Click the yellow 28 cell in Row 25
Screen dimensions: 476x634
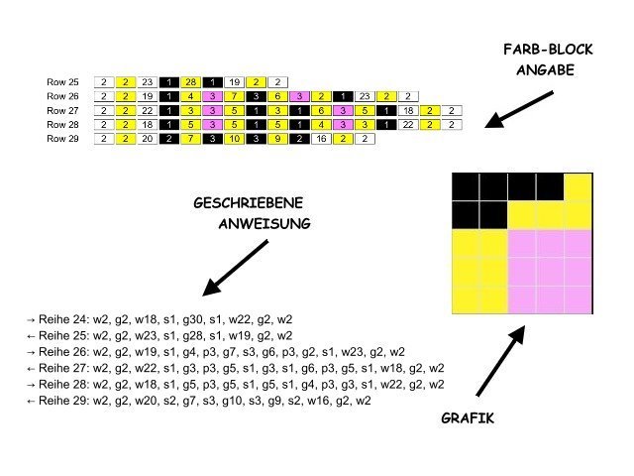191,81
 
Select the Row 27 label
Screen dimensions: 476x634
61,111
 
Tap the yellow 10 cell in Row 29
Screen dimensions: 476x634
235,140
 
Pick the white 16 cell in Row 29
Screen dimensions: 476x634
321,140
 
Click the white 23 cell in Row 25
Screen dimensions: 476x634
148,81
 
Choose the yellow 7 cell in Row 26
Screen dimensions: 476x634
235,96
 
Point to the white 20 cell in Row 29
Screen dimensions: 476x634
148,140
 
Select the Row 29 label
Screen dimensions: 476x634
61,140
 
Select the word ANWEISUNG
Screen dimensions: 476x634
264,224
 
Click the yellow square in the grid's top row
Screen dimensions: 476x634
579,185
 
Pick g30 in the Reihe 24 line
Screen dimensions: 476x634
180,320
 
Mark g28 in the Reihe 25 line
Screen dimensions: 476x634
180,335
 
